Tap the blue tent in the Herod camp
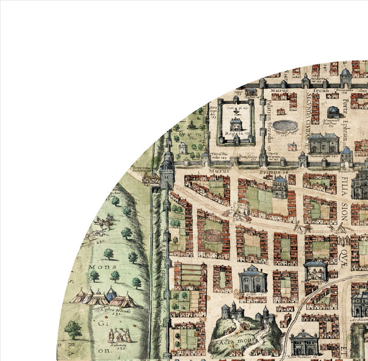(111, 294)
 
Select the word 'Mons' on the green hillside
(100, 266)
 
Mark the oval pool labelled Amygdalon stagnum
(285, 125)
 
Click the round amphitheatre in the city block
(213, 237)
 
